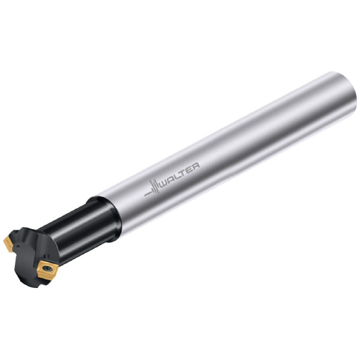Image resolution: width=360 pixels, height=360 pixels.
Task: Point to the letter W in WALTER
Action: click(x=164, y=181)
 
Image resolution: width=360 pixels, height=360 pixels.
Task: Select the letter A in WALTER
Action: click(x=172, y=177)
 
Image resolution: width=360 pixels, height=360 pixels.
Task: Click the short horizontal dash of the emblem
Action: click(x=147, y=193)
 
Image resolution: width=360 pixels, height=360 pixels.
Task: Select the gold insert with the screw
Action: click(x=47, y=270)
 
